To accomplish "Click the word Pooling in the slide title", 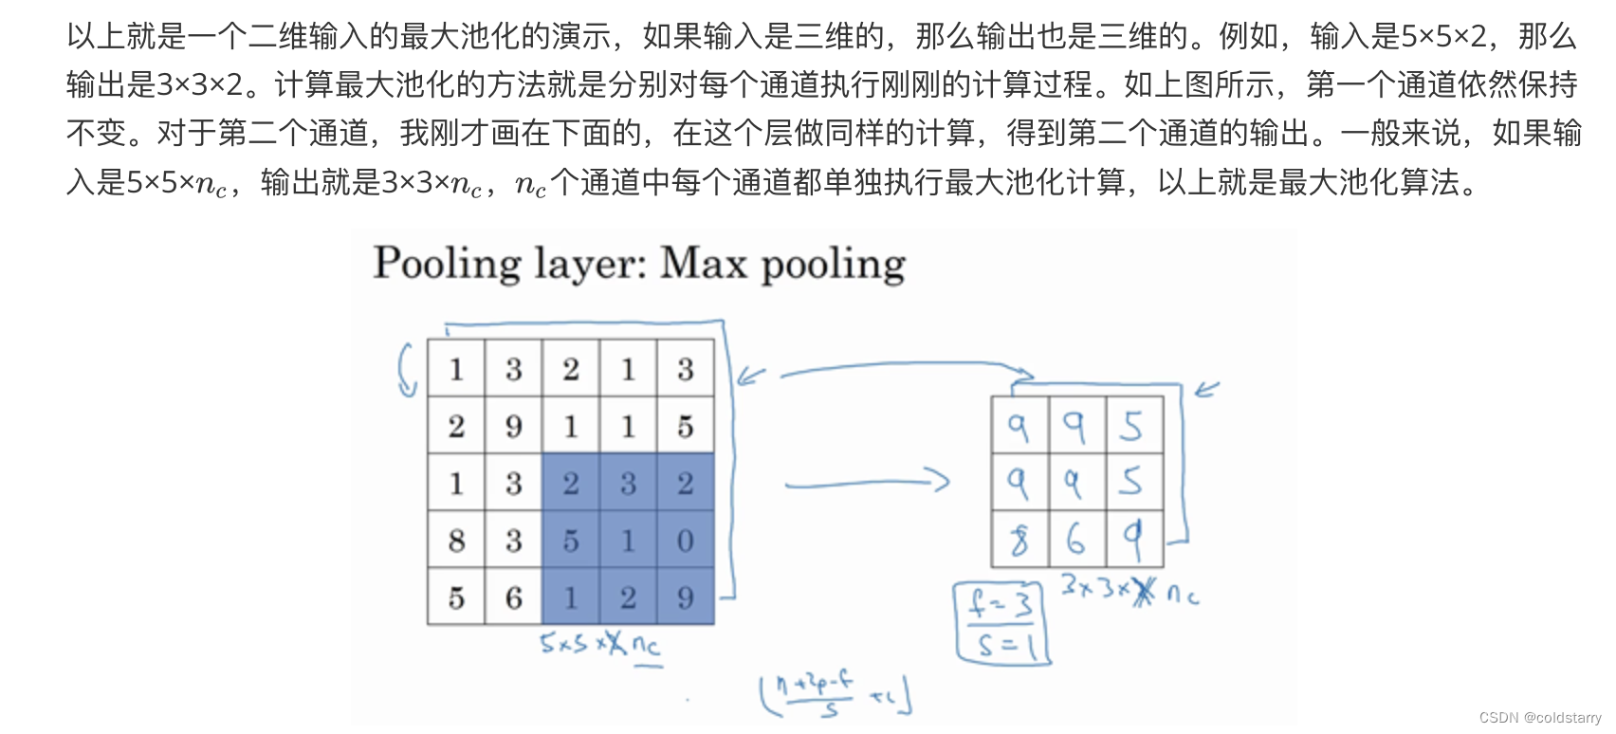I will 447,264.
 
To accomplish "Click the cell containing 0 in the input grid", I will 686,541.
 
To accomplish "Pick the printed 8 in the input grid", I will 456,541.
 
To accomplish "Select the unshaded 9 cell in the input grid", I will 514,427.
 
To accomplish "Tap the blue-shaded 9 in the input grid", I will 686,597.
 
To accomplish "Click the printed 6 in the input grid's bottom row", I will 514,597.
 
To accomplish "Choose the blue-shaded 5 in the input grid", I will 571,541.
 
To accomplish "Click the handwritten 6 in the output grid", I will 1075,540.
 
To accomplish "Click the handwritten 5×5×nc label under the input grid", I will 599,645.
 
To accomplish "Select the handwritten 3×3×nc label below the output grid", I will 1129,591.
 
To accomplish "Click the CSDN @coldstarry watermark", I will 1540,718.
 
